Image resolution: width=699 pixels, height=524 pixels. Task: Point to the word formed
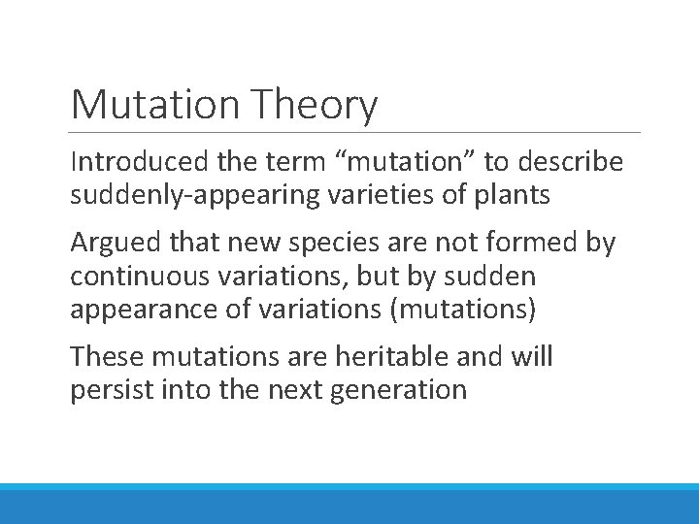[x=519, y=243]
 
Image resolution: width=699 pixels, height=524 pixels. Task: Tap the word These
[x=103, y=356]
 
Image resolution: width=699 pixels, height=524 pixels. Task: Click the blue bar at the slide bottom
[x=349, y=504]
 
